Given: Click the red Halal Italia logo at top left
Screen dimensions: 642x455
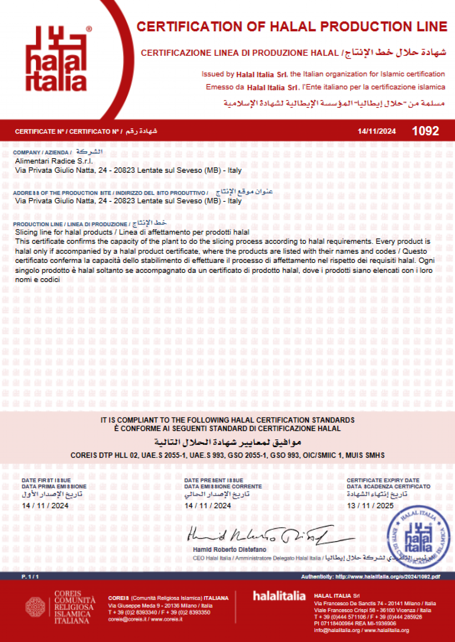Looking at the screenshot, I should point(56,59).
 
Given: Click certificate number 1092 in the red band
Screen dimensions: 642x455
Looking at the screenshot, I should point(425,131).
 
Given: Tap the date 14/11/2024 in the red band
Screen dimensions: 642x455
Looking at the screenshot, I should point(376,131).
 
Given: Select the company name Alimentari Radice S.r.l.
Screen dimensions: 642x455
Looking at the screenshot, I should point(54,161).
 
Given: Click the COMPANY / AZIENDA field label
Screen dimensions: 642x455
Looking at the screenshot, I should point(42,152).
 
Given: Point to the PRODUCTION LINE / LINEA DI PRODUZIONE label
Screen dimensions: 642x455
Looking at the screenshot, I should point(70,224).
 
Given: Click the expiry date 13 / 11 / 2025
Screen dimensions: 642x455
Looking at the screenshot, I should point(370,506).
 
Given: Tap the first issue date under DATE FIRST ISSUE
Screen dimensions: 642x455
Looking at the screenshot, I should point(45,506).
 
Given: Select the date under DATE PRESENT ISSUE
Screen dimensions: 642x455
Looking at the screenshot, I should point(208,506).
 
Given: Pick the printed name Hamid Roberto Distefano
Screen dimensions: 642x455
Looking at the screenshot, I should point(229,550).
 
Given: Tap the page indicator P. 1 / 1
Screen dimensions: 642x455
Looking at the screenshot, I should point(30,577).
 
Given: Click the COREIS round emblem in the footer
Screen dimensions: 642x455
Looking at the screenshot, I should point(35,607).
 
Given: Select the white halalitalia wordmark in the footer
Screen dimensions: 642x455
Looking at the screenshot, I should point(279,596).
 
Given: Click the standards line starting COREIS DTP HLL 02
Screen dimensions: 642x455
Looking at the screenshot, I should point(227,455).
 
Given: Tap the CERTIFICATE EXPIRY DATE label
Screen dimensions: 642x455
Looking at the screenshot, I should point(383,480).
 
